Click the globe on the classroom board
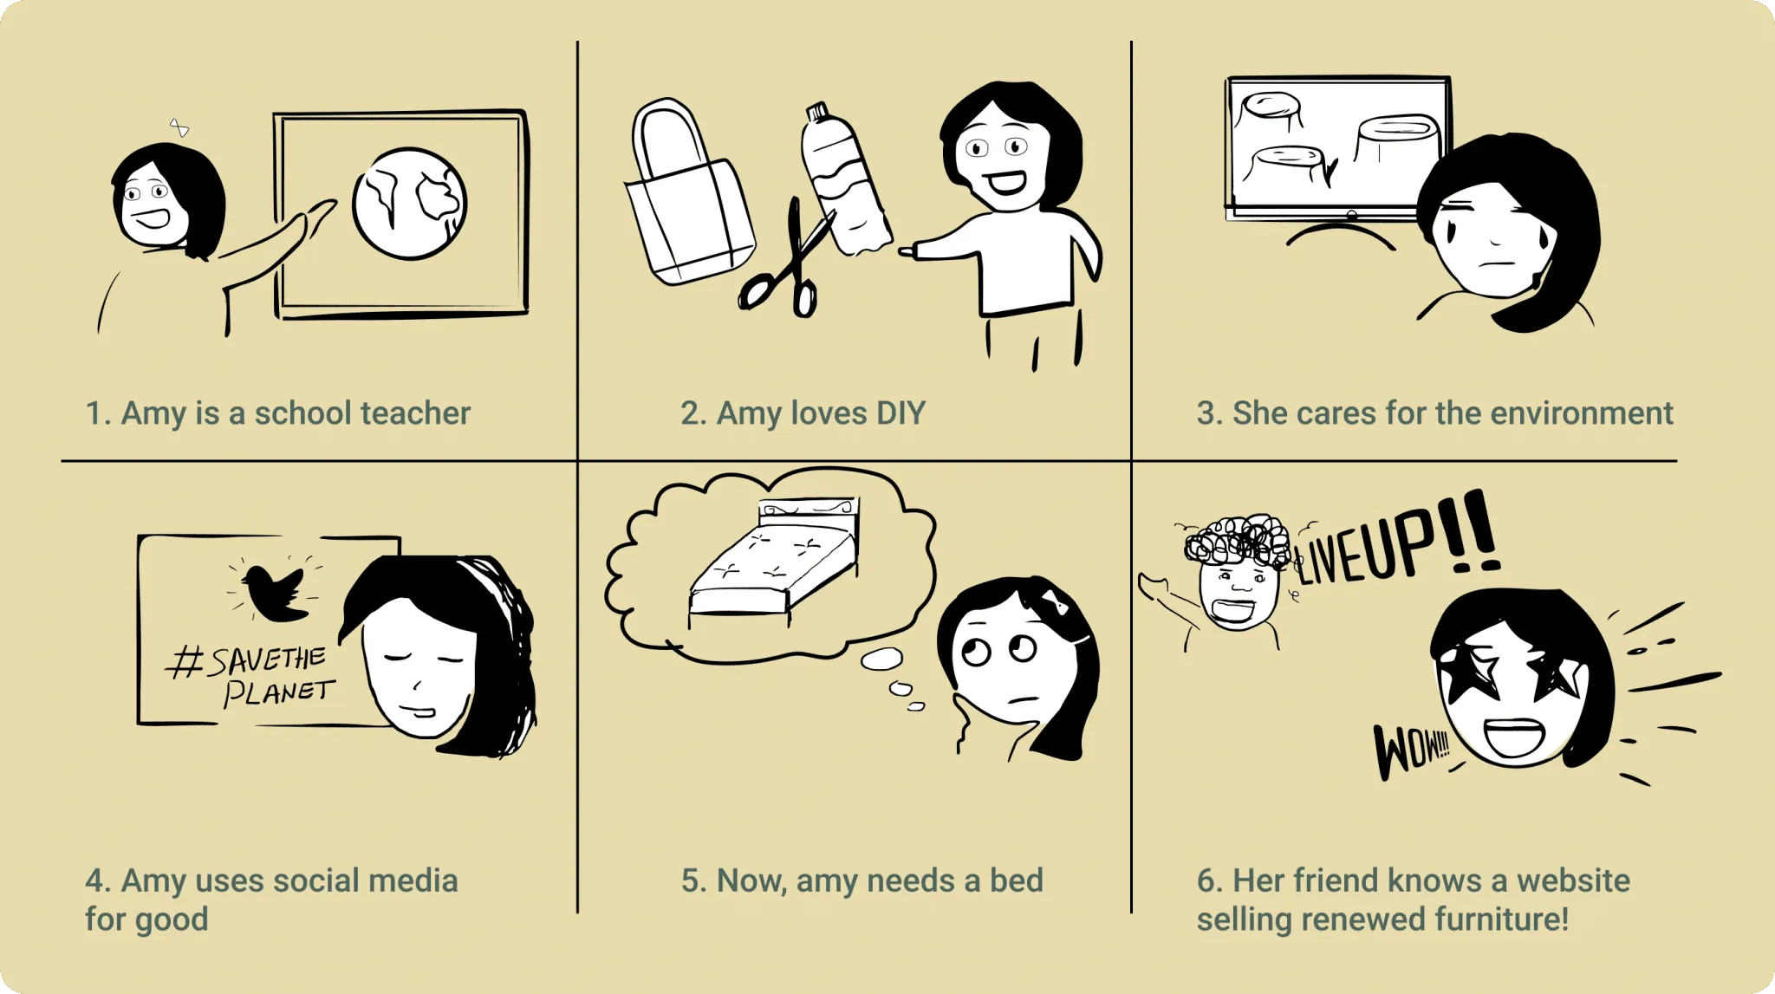409,204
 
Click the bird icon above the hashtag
273,592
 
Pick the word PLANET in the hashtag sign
279,692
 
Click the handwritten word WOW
1411,749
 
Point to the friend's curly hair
1237,541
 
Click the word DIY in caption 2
901,413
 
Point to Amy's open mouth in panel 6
1513,737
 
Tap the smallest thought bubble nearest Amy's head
916,707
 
